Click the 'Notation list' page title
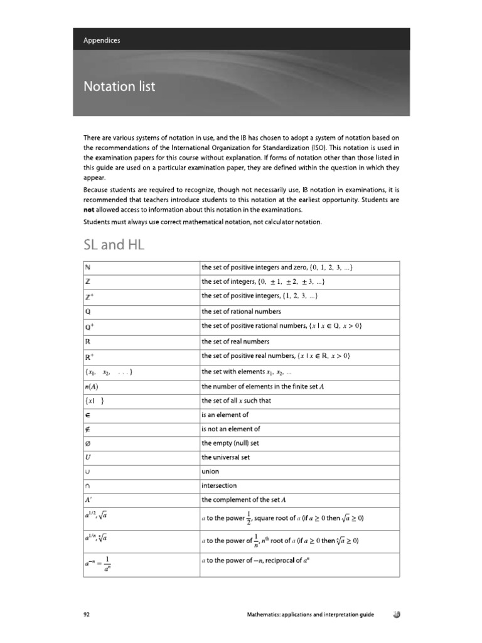click(119, 86)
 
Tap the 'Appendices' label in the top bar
click(102, 40)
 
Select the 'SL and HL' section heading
click(114, 245)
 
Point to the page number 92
click(87, 615)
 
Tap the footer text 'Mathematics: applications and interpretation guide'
click(310, 615)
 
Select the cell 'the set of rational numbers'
click(241, 311)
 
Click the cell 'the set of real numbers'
click(235, 342)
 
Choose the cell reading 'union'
click(210, 470)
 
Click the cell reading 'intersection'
click(219, 485)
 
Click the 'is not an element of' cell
click(230, 429)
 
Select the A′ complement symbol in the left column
click(89, 500)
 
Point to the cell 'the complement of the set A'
click(244, 500)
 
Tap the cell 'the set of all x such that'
click(236, 401)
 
